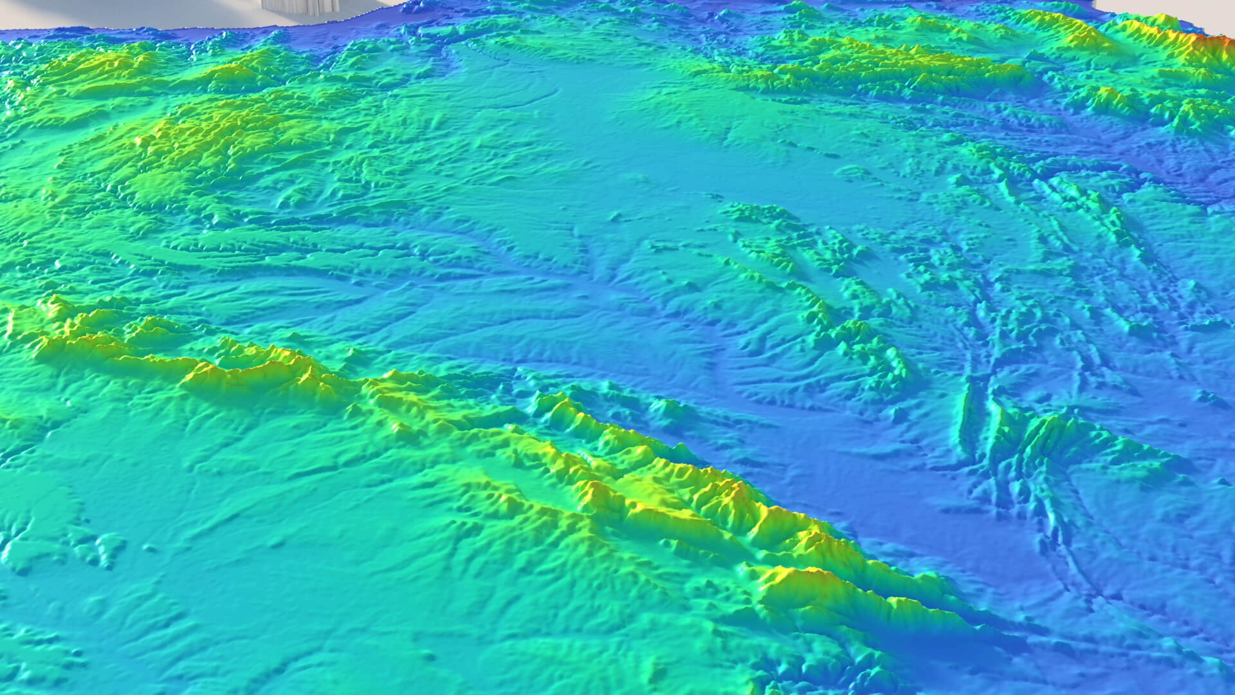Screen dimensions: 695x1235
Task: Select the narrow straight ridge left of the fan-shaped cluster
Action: click(965, 412)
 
